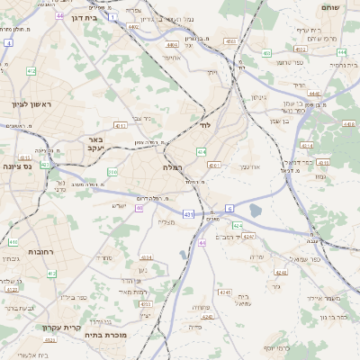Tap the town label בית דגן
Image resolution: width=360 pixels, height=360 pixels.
pos(79,17)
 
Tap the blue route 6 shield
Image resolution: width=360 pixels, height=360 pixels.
pos(229,209)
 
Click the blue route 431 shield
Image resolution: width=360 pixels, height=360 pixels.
pos(188,214)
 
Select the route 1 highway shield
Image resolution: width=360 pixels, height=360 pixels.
pos(112,16)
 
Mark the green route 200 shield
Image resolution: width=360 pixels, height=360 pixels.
pos(112,171)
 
